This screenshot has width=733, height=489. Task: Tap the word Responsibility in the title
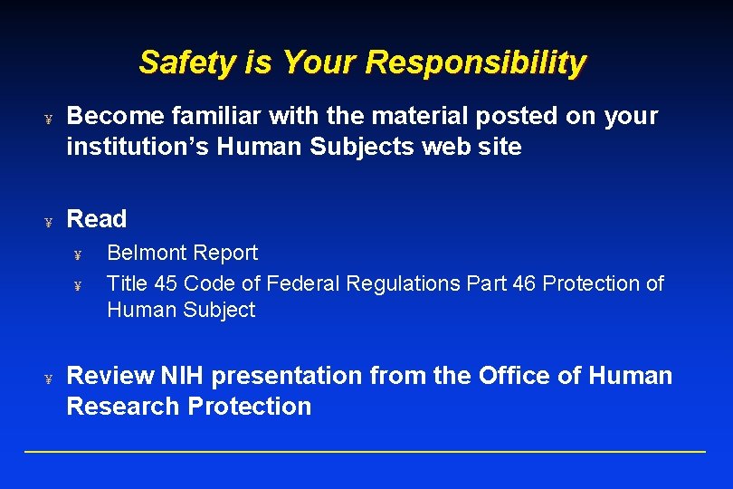(x=476, y=62)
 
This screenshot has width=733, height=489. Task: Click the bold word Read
(x=97, y=219)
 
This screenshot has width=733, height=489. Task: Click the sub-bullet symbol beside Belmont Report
(x=78, y=255)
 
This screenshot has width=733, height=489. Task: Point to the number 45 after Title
(x=166, y=283)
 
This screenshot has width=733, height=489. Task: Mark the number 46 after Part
(x=524, y=283)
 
